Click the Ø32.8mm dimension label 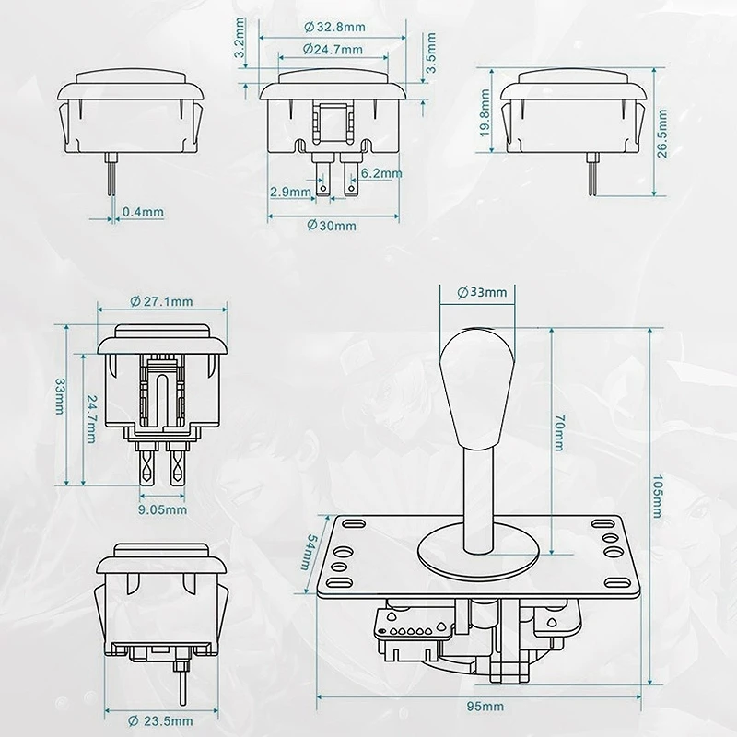(x=334, y=28)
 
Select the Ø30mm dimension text (x=332, y=226)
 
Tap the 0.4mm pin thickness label (x=143, y=212)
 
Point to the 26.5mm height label (x=661, y=133)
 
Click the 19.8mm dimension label (x=485, y=112)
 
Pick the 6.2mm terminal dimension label (x=381, y=173)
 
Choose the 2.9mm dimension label (x=290, y=192)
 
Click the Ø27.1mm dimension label (x=161, y=301)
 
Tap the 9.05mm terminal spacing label (x=162, y=509)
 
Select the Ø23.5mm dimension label (x=160, y=720)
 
